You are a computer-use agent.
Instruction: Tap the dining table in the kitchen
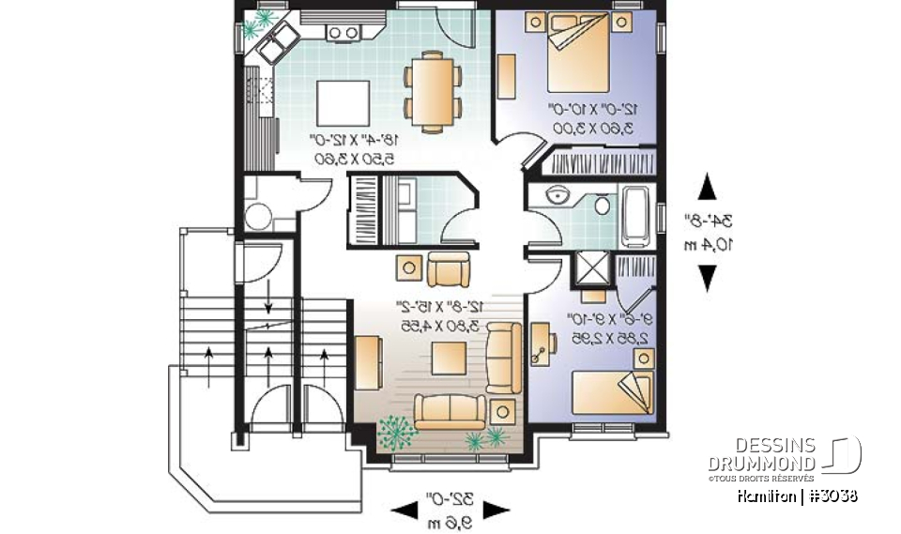(x=433, y=91)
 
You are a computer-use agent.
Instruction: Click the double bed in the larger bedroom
(x=574, y=51)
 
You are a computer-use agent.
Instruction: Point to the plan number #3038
(x=830, y=496)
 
